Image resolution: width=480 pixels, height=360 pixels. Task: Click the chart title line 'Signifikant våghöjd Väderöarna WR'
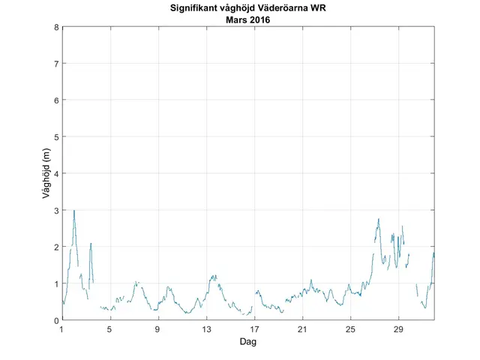(x=247, y=9)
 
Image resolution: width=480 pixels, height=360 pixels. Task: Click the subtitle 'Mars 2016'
(x=247, y=20)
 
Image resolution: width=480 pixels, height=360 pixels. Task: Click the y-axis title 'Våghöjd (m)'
(x=46, y=173)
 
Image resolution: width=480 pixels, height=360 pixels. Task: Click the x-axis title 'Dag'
(x=247, y=341)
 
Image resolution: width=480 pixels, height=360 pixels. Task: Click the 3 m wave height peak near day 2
(x=74, y=211)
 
